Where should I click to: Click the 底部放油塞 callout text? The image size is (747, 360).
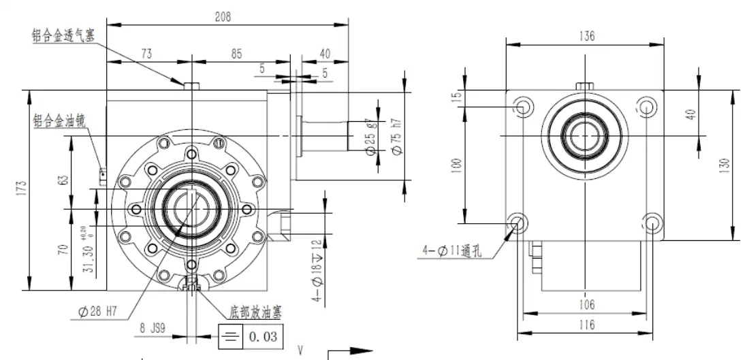pyautogui.click(x=256, y=312)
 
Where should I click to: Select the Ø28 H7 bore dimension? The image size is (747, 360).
pyautogui.click(x=99, y=312)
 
